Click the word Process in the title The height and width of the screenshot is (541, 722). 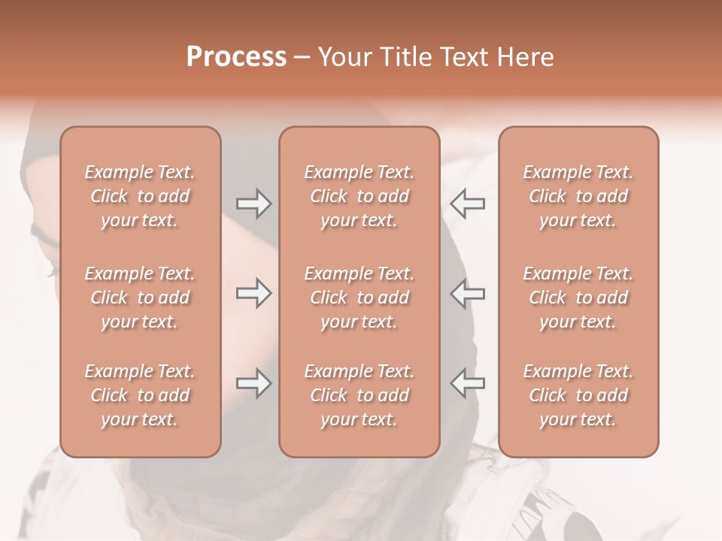[x=236, y=57]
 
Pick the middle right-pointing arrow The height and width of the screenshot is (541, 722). [x=253, y=293]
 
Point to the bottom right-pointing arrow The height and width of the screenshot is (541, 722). [x=253, y=383]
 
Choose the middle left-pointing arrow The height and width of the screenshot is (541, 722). [x=467, y=293]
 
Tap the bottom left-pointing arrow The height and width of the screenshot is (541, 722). [x=467, y=383]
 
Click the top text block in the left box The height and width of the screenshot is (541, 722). [x=140, y=196]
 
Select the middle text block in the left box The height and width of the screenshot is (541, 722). [x=140, y=298]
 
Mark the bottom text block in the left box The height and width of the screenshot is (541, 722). [x=140, y=395]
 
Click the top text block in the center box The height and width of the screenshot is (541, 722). [x=359, y=196]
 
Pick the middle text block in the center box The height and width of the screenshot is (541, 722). [x=359, y=298]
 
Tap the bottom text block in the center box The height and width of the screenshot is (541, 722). [x=359, y=395]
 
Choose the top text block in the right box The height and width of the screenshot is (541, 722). [x=578, y=196]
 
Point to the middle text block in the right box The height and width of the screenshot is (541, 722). [x=578, y=298]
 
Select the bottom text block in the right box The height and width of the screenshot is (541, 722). [x=578, y=395]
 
